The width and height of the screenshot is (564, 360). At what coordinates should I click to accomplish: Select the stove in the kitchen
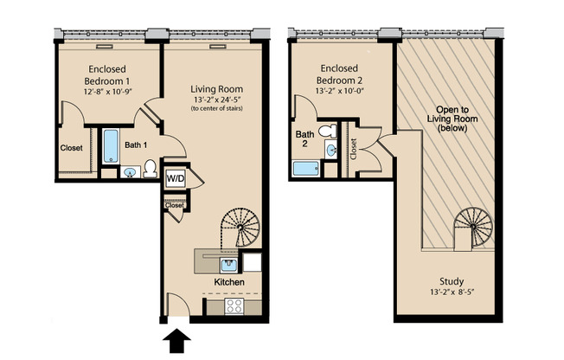tap(233, 305)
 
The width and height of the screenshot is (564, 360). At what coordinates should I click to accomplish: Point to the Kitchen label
tap(229, 283)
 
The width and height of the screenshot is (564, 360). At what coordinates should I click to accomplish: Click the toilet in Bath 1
tap(148, 167)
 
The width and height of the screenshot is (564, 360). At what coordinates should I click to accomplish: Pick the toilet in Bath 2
tap(326, 132)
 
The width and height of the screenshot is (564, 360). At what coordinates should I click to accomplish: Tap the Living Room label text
tap(216, 88)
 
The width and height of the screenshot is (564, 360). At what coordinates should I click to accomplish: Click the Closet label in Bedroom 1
tap(72, 148)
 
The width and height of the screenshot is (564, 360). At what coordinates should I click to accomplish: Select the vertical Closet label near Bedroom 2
tap(353, 148)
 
